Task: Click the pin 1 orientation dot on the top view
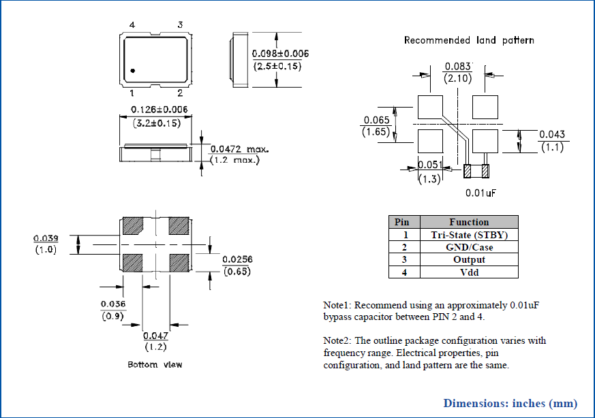[133, 70]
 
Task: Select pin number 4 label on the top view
[132, 25]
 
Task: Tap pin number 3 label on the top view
[180, 25]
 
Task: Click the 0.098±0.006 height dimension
[280, 54]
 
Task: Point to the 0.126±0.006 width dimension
[154, 110]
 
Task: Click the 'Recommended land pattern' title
[469, 40]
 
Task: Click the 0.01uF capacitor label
[480, 193]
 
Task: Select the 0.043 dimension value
[552, 134]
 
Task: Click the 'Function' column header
[469, 222]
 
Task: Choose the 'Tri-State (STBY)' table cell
[469, 235]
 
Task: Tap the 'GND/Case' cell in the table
[469, 247]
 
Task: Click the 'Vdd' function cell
[469, 272]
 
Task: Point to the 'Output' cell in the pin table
[469, 260]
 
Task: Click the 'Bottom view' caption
[155, 365]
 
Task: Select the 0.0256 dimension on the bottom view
[237, 259]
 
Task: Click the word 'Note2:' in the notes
[338, 340]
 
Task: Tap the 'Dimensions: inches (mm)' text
[510, 402]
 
